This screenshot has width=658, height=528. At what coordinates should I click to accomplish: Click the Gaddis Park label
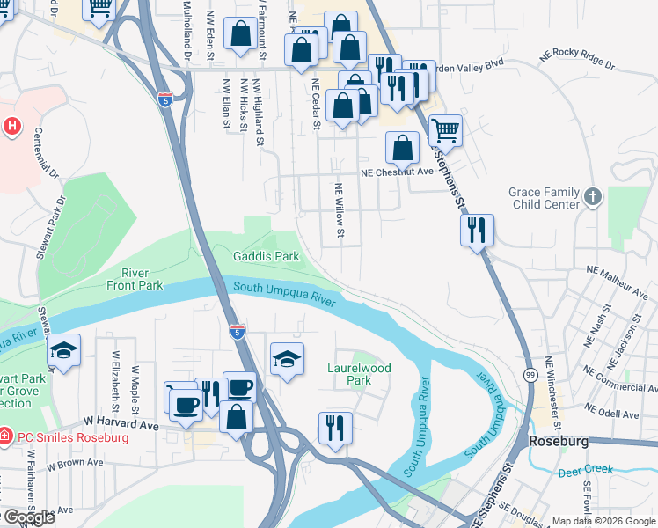tap(267, 256)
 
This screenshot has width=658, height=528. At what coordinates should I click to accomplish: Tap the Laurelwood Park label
tap(359, 374)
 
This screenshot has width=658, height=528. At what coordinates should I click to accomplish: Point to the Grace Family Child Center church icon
tap(594, 196)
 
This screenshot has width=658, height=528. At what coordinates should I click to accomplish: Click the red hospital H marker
tap(11, 126)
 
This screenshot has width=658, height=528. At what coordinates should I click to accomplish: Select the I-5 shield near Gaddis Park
tap(237, 332)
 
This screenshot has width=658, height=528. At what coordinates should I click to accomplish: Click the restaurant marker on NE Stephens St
tap(477, 231)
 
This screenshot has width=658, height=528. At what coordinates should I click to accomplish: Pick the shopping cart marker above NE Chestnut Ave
tap(445, 131)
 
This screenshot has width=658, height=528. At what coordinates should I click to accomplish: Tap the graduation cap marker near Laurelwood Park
tap(287, 359)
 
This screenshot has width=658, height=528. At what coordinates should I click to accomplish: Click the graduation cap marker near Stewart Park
tap(63, 351)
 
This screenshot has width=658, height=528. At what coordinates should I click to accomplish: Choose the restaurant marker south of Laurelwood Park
tap(335, 429)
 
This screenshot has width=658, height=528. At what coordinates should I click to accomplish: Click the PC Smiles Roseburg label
tap(71, 437)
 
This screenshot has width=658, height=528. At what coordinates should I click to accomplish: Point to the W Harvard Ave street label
tap(121, 424)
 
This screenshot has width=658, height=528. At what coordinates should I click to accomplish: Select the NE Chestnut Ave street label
tap(398, 172)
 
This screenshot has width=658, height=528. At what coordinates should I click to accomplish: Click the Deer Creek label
tap(586, 471)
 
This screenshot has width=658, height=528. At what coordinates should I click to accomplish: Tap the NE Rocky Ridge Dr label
tap(574, 62)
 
